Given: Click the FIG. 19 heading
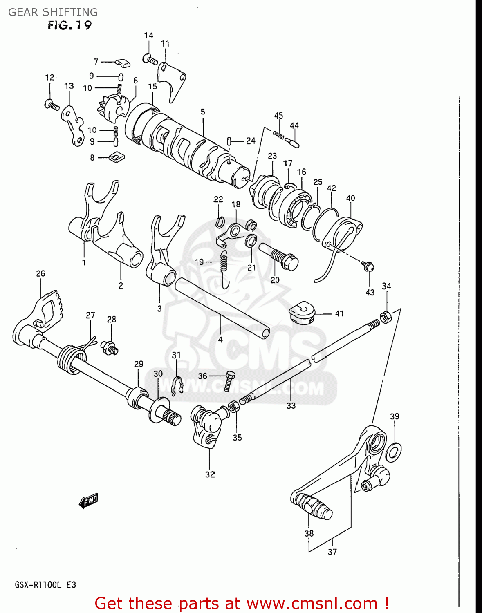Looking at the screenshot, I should pyautogui.click(x=69, y=25).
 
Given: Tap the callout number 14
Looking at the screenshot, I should pyautogui.click(x=148, y=36).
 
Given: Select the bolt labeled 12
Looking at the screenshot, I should pyautogui.click(x=52, y=105).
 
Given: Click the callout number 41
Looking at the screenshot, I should pyautogui.click(x=339, y=313).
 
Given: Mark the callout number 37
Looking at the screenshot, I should pyautogui.click(x=332, y=552).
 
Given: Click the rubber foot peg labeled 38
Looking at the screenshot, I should pyautogui.click(x=312, y=506).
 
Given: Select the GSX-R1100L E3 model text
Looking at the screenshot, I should pyautogui.click(x=45, y=585).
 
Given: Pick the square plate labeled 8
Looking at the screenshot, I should pyautogui.click(x=117, y=157).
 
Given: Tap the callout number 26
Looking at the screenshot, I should pyautogui.click(x=40, y=273).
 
